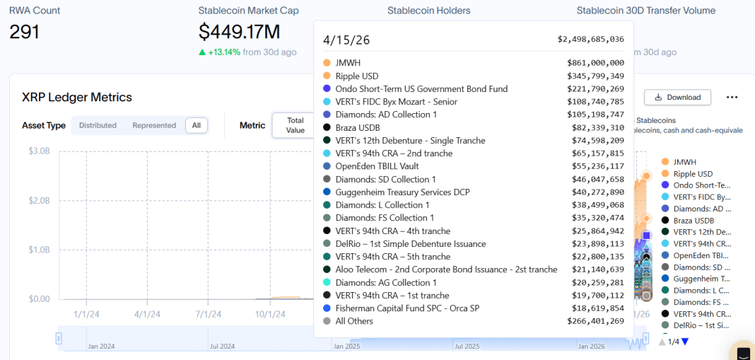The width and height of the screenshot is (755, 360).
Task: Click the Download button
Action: point(677,97)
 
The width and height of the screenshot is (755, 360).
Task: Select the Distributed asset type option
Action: point(98,125)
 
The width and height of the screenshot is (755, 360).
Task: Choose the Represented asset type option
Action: point(154,125)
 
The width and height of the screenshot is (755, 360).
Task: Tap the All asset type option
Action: point(196,125)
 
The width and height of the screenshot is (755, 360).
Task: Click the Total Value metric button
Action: point(295,125)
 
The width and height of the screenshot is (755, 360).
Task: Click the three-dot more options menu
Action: point(732,97)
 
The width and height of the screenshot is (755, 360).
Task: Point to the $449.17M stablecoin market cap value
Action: point(239,32)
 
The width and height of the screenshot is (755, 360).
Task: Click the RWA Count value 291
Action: point(24,32)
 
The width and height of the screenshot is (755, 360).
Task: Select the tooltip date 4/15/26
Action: point(346,40)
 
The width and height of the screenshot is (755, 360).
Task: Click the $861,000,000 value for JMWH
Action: point(595,63)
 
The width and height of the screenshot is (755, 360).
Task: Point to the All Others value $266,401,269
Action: point(595,321)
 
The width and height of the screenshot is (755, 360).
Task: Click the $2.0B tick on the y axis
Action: point(39,200)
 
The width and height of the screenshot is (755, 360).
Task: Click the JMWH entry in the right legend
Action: point(684,162)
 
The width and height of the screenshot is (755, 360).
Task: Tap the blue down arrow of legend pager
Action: point(684,342)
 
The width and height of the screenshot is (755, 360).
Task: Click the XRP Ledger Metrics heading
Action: point(77,97)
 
